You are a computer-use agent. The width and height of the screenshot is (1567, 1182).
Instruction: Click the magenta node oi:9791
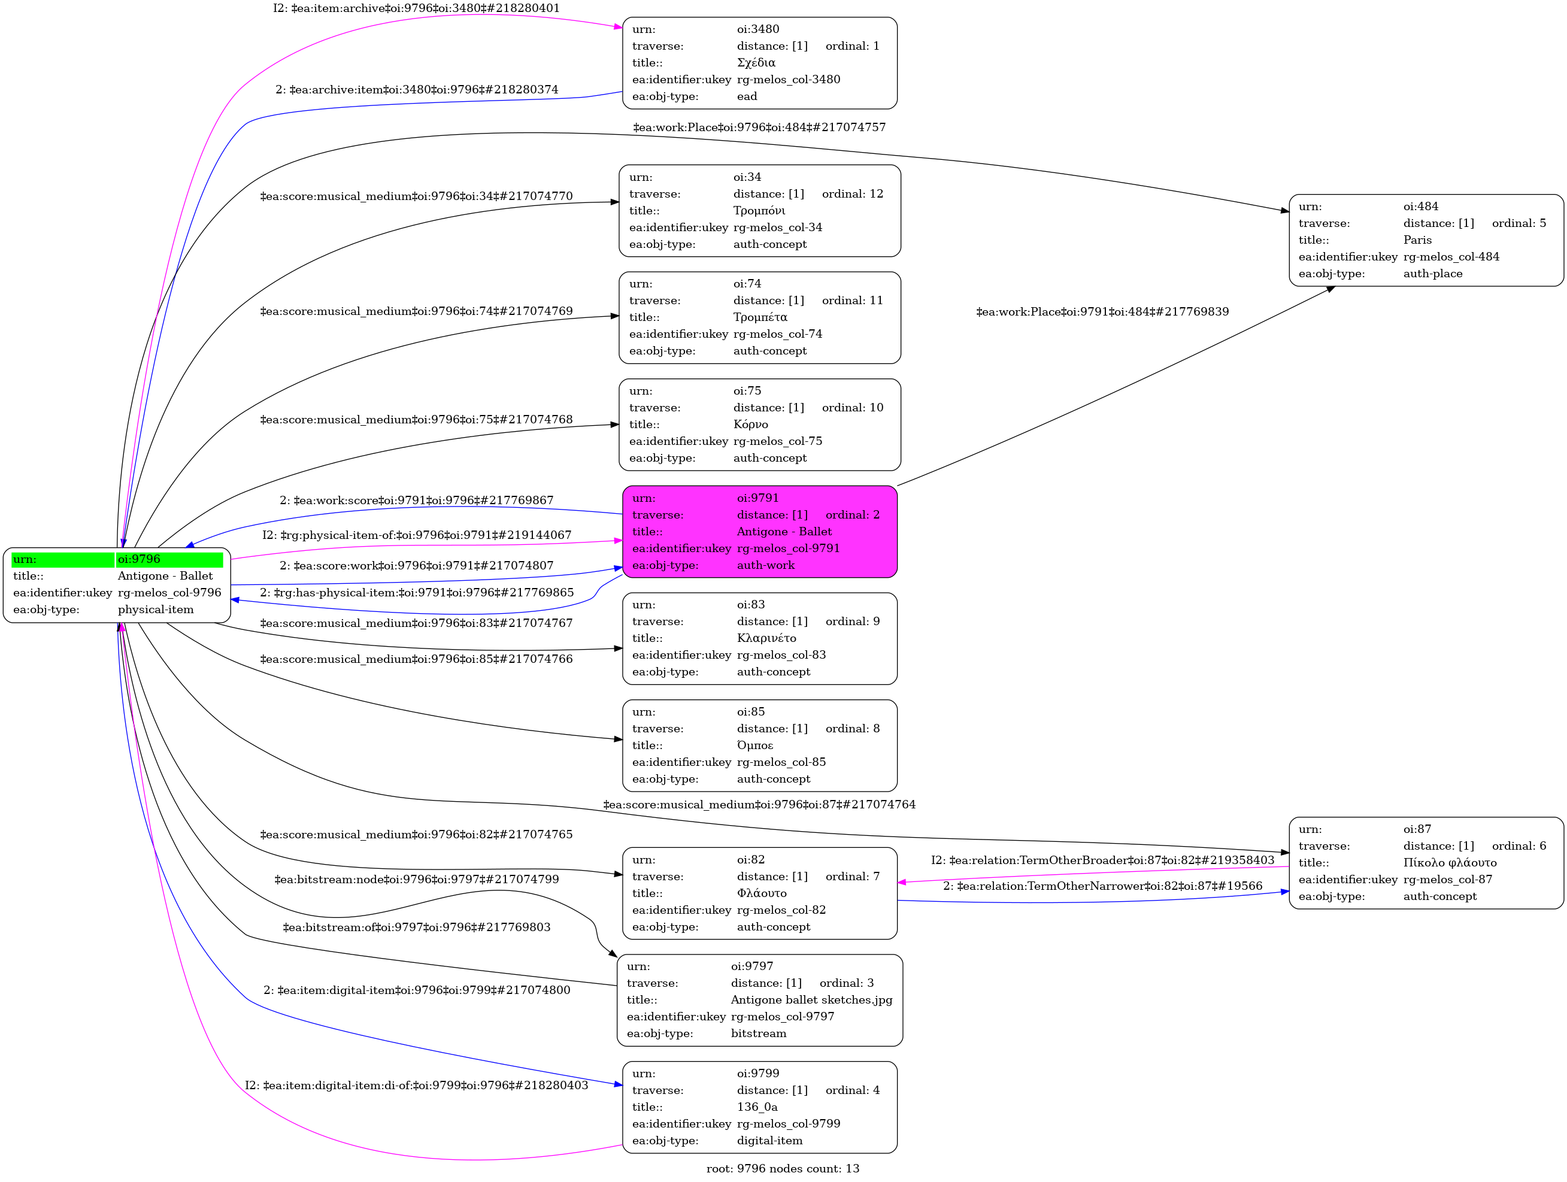759,531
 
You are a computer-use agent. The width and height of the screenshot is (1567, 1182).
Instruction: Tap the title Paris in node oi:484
1417,240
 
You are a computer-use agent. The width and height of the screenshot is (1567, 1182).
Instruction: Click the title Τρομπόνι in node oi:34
759,210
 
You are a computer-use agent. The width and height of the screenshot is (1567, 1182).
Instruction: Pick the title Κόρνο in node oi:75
750,424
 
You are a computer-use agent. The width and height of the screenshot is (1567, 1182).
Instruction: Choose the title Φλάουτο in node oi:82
762,893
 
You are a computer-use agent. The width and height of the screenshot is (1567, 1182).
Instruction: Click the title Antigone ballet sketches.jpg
812,1000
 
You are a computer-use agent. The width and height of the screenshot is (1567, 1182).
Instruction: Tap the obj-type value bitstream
759,1034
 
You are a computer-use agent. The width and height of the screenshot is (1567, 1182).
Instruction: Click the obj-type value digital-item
770,1140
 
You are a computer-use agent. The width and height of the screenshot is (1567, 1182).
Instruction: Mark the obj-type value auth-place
1433,274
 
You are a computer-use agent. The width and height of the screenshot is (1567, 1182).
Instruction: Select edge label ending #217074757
759,128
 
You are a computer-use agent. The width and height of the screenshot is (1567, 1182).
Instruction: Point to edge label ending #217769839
1102,311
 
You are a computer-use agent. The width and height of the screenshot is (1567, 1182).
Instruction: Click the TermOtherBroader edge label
1102,860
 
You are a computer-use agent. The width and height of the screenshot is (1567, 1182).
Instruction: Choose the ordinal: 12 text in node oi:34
853,194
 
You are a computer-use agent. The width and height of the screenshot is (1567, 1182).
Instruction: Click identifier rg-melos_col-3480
789,79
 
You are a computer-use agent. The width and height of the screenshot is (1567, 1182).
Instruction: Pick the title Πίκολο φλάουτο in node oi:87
1450,863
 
